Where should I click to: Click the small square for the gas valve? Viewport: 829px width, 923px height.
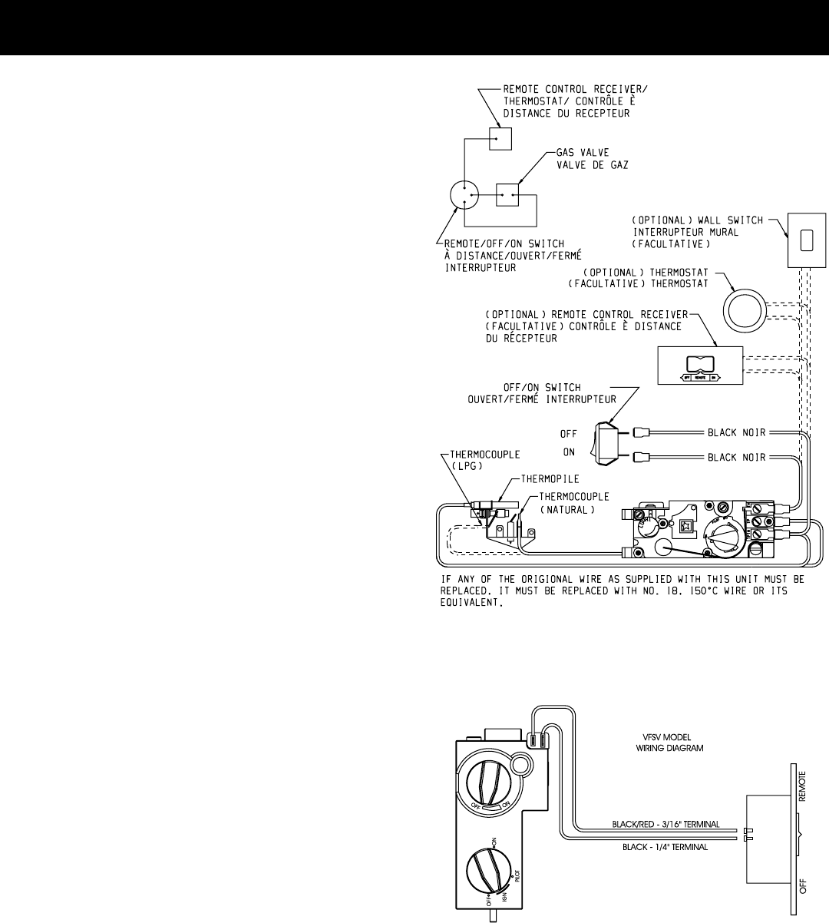click(507, 195)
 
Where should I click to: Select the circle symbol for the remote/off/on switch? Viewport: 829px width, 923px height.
click(466, 195)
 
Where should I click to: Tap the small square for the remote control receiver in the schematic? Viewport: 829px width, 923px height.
click(500, 138)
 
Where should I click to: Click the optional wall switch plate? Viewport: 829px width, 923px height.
click(806, 240)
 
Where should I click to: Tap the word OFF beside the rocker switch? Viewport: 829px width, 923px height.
click(568, 434)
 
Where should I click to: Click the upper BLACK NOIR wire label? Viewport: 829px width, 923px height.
click(735, 433)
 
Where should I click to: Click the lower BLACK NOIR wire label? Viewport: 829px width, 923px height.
click(735, 457)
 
